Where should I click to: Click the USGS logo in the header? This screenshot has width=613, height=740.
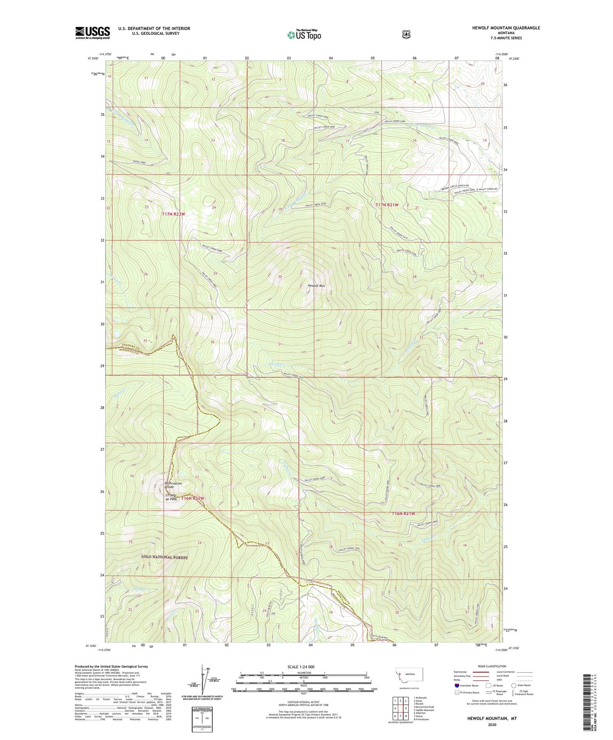[92, 33]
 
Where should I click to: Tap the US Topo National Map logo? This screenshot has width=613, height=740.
[303, 34]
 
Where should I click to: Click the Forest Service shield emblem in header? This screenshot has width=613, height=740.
[406, 34]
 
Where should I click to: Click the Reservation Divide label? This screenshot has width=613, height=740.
[173, 485]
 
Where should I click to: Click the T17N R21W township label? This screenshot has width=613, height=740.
[387, 205]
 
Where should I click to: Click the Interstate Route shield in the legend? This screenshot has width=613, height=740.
[456, 685]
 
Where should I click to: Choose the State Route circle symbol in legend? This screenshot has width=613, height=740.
[514, 685]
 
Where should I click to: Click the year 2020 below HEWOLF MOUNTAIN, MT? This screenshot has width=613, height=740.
[492, 725]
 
